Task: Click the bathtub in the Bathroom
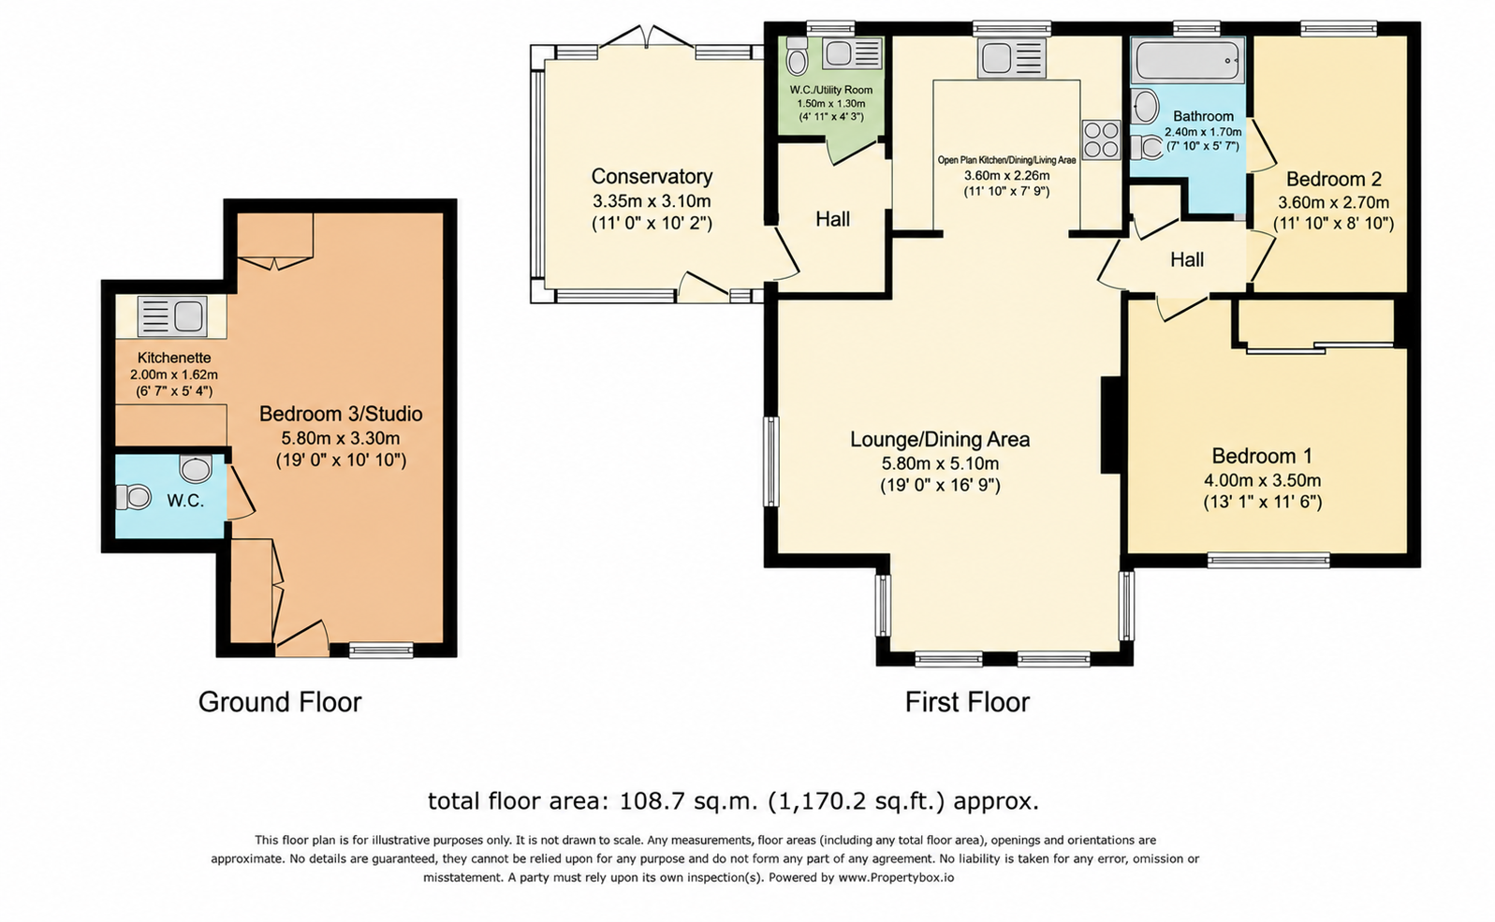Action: (1188, 61)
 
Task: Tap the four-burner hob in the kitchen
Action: (1101, 140)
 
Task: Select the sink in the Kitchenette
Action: (171, 315)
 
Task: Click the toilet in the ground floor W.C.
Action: (134, 497)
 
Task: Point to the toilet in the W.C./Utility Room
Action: (797, 57)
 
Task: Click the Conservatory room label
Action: (652, 176)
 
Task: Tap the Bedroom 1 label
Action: (1262, 457)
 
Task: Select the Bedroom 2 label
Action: (1333, 180)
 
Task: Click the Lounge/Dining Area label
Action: (940, 440)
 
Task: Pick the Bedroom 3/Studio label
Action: (341, 415)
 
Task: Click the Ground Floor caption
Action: (280, 703)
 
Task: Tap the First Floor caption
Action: (967, 703)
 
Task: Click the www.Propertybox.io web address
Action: (896, 878)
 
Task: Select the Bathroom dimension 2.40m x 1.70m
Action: (1203, 132)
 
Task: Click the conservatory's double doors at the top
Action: (645, 37)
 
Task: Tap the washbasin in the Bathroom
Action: (1145, 107)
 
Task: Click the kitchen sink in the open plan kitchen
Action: (1012, 58)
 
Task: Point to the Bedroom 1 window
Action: (1268, 561)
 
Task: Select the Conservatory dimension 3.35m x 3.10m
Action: (652, 201)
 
